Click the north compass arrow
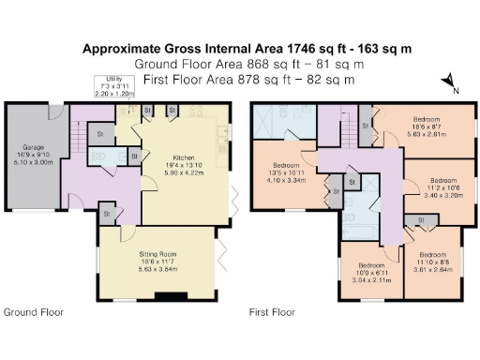451,82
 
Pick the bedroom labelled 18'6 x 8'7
427,127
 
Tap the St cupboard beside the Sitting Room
107,215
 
